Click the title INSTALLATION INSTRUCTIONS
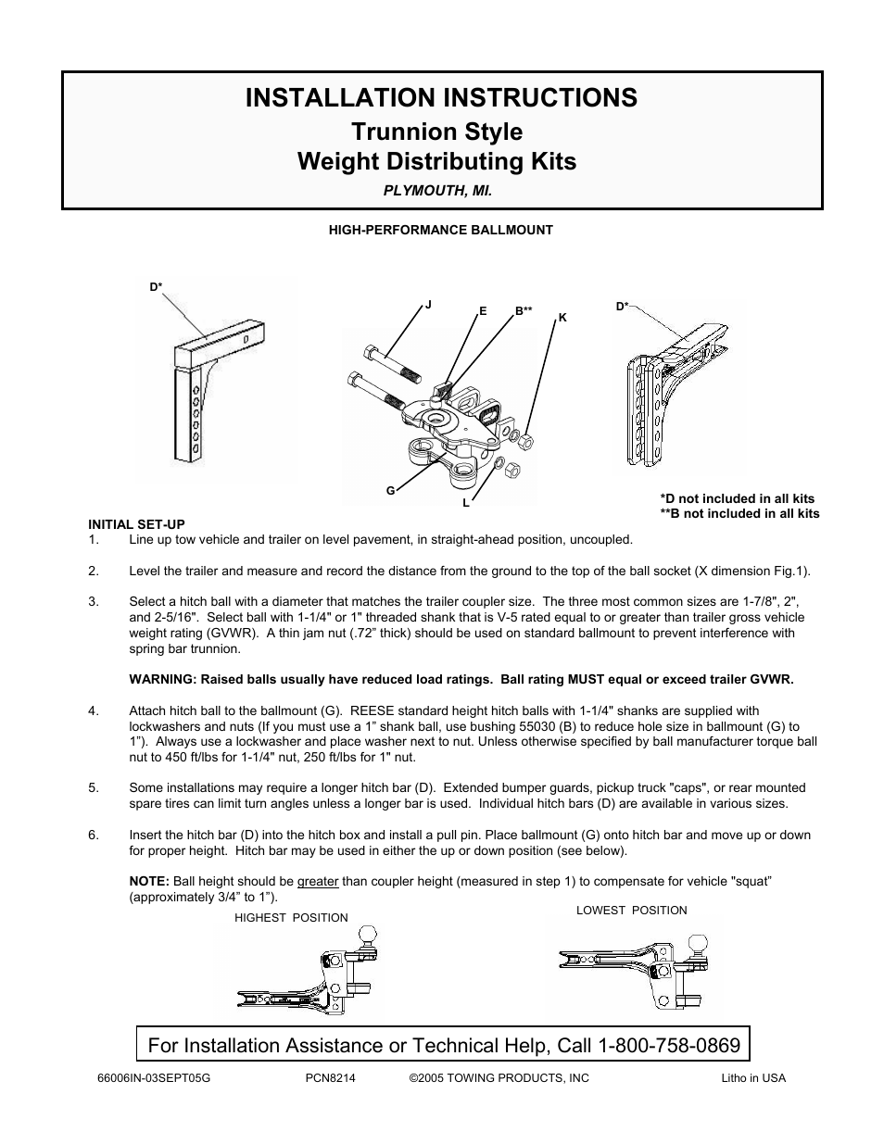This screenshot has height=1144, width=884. tap(441, 98)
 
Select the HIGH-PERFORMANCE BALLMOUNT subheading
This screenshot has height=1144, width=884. tap(441, 231)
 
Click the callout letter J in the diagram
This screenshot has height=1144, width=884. tap(429, 304)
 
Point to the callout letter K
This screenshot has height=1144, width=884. tap(562, 318)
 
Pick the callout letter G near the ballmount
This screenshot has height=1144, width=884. tap(391, 489)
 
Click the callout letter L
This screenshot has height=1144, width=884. tap(466, 503)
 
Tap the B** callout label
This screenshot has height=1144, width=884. tap(524, 311)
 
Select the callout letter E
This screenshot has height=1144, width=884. tap(483, 311)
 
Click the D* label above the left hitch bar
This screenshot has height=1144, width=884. tap(157, 287)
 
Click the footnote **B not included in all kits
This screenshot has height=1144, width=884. tap(739, 514)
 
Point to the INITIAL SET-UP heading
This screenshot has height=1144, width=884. tap(136, 524)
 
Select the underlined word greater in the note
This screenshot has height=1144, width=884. tap(318, 882)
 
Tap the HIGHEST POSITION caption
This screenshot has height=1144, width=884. tap(291, 918)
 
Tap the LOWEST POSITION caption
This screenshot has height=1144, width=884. tap(632, 911)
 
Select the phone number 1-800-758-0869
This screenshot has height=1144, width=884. tap(669, 1046)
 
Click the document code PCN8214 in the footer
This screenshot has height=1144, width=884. tap(331, 1078)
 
